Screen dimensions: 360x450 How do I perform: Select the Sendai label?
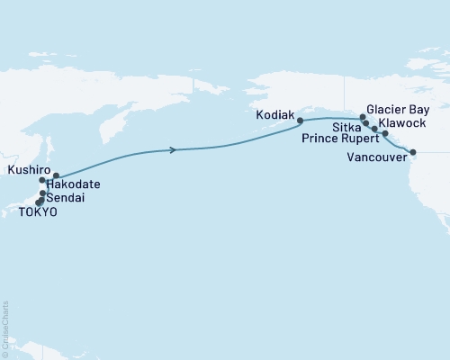tap(68, 197)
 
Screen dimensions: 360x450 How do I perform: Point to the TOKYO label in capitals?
tap(38, 211)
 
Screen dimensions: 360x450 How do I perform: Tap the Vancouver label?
tap(373, 156)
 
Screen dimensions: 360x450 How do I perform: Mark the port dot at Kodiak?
tap(301, 120)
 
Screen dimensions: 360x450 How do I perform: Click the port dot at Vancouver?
tap(413, 152)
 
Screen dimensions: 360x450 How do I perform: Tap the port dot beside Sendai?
tap(43, 193)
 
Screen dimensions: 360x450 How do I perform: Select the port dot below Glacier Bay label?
tap(363, 117)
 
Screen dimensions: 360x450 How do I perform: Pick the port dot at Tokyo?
tap(39, 202)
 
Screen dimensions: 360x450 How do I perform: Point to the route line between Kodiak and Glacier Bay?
tap(333, 118)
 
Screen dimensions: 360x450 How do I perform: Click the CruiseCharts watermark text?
tap(6, 328)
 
